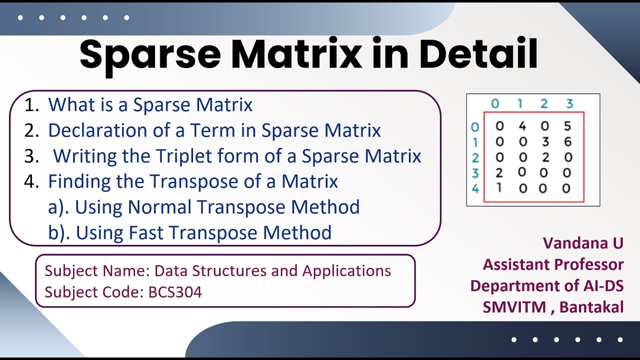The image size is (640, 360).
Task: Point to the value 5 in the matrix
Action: [567, 126]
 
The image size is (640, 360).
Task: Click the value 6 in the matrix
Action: [567, 142]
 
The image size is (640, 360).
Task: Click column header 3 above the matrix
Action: [569, 103]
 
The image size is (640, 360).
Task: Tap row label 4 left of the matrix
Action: [475, 189]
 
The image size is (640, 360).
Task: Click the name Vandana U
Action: [583, 243]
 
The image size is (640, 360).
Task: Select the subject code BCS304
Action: [175, 292]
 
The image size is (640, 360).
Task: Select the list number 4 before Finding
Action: [30, 181]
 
